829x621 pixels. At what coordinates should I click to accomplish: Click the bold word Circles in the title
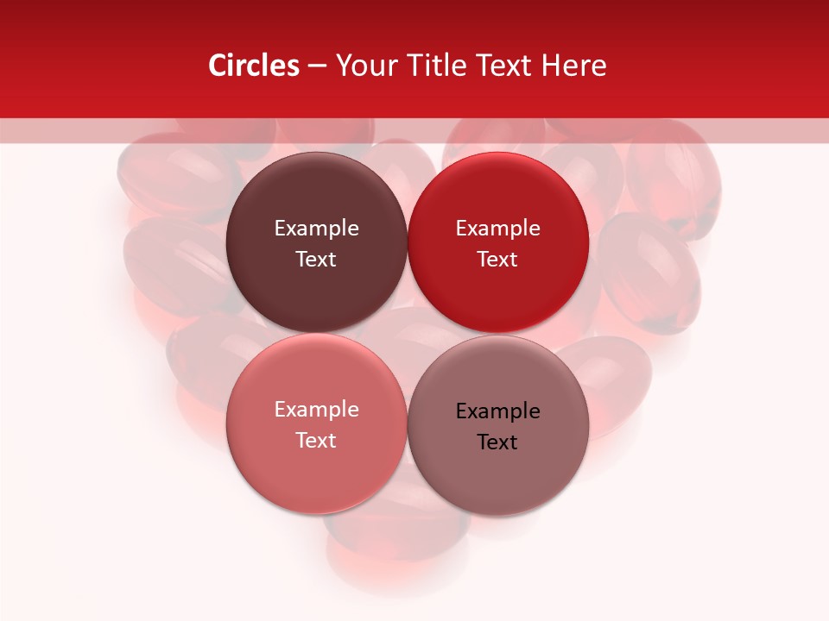click(x=254, y=66)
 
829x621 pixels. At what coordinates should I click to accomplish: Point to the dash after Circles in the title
click(x=317, y=66)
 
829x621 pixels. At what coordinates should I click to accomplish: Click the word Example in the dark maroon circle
click(x=316, y=229)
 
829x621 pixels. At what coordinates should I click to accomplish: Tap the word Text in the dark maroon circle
click(x=316, y=260)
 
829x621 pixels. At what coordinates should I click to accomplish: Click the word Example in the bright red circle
click(x=497, y=229)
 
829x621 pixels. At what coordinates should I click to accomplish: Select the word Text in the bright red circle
click(x=497, y=260)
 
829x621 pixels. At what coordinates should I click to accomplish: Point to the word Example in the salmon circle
click(x=316, y=410)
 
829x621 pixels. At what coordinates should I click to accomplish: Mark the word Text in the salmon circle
click(x=316, y=441)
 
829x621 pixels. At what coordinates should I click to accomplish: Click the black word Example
click(x=497, y=411)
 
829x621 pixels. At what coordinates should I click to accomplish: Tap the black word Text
click(x=497, y=442)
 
